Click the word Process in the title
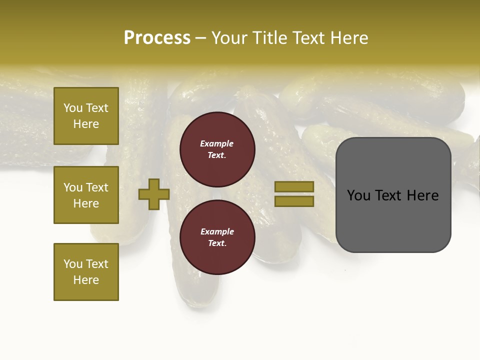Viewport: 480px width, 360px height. click(x=157, y=37)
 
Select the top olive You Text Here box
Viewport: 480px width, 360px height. click(x=86, y=116)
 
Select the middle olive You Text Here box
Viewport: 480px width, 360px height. click(x=86, y=195)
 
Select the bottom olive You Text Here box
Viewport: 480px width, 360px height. click(x=86, y=272)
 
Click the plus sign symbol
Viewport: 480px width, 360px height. click(x=154, y=194)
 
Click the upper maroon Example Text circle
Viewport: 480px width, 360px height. click(x=217, y=149)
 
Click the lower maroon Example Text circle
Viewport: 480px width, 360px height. click(x=217, y=237)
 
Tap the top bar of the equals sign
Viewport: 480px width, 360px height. click(x=294, y=186)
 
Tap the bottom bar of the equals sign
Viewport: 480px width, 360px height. click(x=294, y=201)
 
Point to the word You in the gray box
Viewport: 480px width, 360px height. click(x=358, y=195)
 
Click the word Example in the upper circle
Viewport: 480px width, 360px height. click(x=216, y=143)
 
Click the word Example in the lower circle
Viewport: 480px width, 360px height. click(x=216, y=231)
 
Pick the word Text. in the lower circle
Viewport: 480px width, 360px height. click(x=217, y=243)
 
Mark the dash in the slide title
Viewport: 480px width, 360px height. click(x=201, y=38)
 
